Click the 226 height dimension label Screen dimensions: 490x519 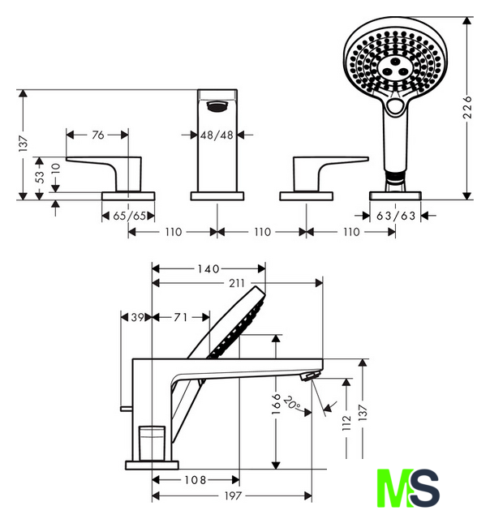click(466, 107)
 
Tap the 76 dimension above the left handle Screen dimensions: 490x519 click(98, 135)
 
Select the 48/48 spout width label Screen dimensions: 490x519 click(217, 135)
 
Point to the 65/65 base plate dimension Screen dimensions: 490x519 click(129, 217)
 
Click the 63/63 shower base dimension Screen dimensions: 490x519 click(396, 217)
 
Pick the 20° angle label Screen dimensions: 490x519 click(292, 402)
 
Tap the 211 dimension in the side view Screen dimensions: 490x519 click(237, 283)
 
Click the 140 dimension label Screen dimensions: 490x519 click(208, 268)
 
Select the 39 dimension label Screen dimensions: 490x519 click(137, 317)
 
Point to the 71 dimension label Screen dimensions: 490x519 click(181, 317)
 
